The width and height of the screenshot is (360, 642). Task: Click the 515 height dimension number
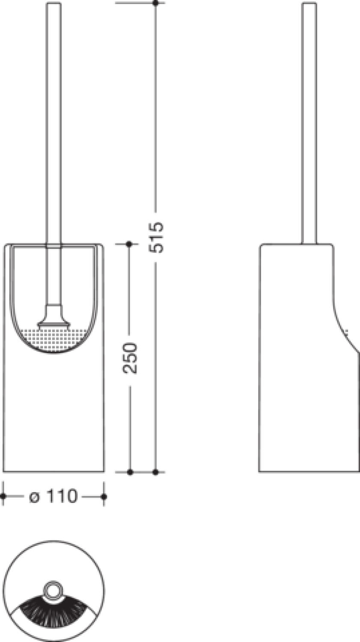click(x=156, y=237)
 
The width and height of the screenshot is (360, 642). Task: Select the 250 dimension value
click(x=130, y=358)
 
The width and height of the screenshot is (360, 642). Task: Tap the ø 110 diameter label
click(x=54, y=496)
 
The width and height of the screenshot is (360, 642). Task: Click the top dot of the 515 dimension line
click(x=156, y=3)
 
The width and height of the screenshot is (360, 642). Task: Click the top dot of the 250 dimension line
click(x=129, y=244)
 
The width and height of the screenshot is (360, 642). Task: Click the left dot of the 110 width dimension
click(x=3, y=496)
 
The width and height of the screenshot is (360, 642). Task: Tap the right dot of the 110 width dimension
click(x=104, y=496)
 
